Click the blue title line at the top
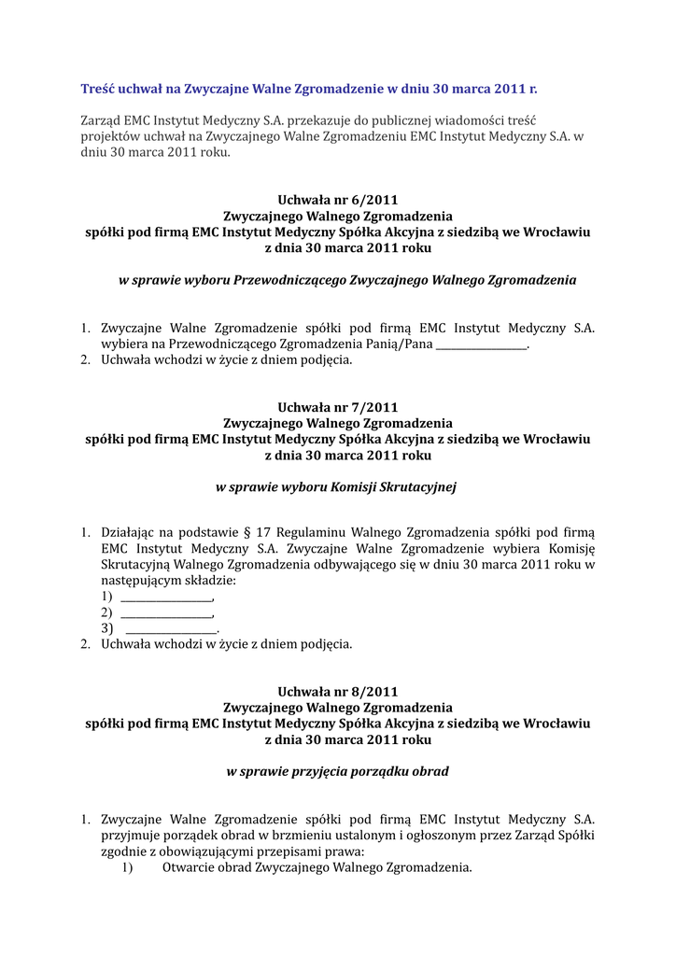click(308, 90)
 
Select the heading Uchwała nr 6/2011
click(338, 199)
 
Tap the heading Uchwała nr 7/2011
click(338, 407)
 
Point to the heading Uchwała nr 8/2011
click(338, 692)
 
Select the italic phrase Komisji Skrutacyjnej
click(393, 486)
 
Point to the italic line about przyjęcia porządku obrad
click(338, 771)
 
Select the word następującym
click(142, 581)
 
